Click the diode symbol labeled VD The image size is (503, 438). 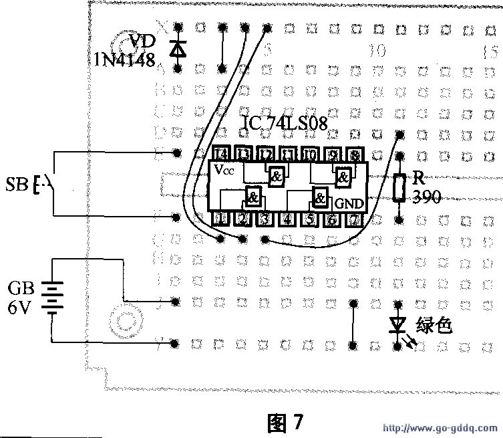(177, 48)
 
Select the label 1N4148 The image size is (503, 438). (121, 60)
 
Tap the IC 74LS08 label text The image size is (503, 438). (283, 123)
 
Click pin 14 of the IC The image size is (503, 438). (221, 153)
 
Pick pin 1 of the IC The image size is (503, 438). (221, 218)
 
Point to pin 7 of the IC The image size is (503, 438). (355, 218)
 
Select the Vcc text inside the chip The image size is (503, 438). (225, 171)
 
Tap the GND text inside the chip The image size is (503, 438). (349, 203)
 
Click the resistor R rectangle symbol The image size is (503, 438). (399, 188)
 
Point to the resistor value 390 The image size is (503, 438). (427, 198)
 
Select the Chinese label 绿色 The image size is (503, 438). (434, 325)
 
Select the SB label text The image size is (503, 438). (16, 184)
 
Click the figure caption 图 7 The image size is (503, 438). (285, 422)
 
